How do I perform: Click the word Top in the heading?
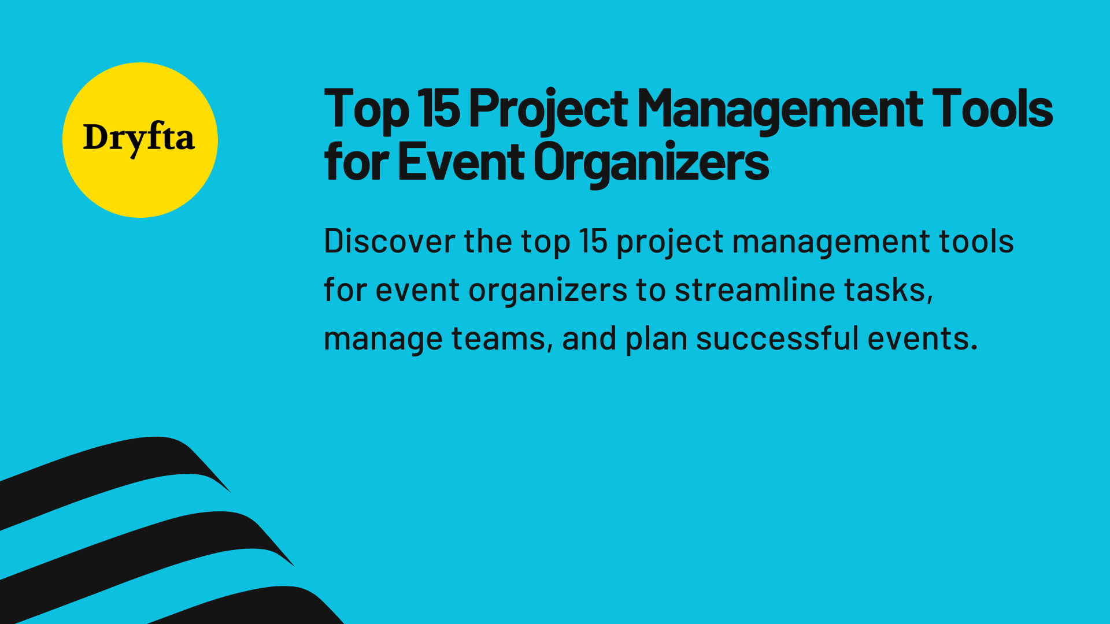[x=367, y=110]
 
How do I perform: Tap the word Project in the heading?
[x=548, y=110]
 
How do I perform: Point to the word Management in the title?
[x=780, y=110]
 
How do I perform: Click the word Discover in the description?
[x=389, y=242]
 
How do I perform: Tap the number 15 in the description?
[x=593, y=242]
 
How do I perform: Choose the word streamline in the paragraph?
[x=754, y=290]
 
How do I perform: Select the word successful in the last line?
[x=777, y=339]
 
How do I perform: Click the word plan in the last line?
[x=656, y=340]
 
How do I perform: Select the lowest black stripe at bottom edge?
[x=260, y=607]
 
